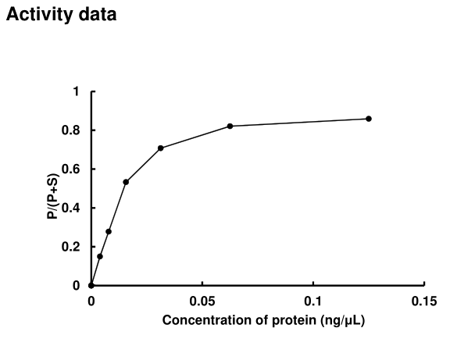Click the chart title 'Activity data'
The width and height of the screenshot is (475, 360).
coord(62,16)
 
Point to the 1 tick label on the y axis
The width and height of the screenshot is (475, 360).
coord(77,92)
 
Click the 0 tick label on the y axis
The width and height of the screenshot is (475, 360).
coord(77,286)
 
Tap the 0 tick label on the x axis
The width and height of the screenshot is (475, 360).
coord(91,301)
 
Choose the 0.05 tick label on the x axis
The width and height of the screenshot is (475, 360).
coord(202,301)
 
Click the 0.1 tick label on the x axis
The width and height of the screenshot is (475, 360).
coord(313,301)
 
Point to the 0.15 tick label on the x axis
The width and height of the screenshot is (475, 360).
coord(424,301)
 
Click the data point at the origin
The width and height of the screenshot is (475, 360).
coord(91,285)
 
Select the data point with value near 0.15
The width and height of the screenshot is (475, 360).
coord(100,256)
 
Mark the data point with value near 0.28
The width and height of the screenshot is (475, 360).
coord(109,231)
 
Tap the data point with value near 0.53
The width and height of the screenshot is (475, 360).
coord(126,182)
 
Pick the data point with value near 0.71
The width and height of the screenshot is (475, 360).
coord(160,148)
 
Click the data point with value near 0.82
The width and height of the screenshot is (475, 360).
coord(230,126)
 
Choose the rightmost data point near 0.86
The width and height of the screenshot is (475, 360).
coord(369,119)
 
